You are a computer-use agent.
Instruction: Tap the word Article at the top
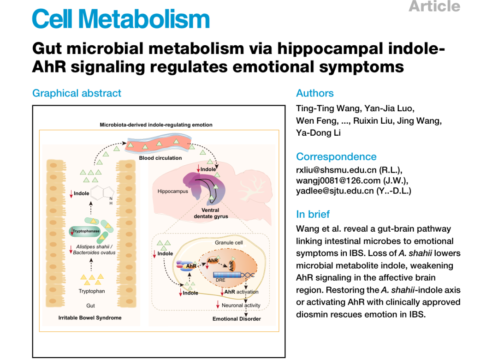click(434, 6)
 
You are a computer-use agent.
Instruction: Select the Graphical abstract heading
click(77, 93)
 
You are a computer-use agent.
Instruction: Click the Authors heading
click(315, 93)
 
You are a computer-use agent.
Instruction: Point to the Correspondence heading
click(336, 156)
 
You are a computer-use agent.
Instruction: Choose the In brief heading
click(313, 214)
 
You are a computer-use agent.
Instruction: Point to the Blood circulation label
click(160, 158)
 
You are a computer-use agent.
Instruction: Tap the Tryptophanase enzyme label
click(86, 231)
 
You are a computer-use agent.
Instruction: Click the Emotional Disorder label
click(237, 319)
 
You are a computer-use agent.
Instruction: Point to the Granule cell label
click(229, 242)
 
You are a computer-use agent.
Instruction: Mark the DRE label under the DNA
click(220, 280)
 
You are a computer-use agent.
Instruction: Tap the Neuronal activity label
click(241, 305)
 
